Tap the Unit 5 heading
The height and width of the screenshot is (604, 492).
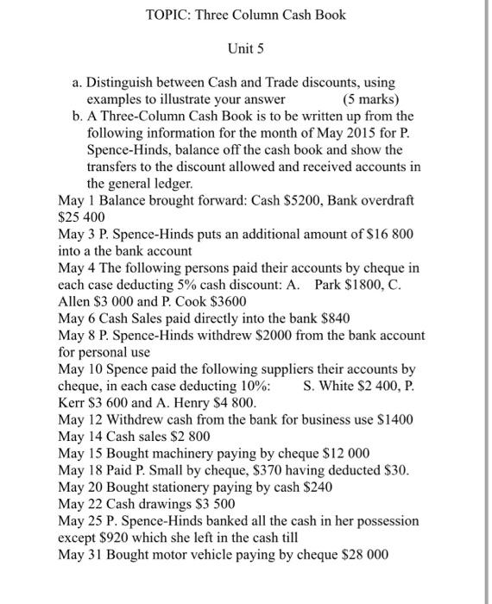point(245,49)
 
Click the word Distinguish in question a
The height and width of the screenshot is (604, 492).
point(123,83)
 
